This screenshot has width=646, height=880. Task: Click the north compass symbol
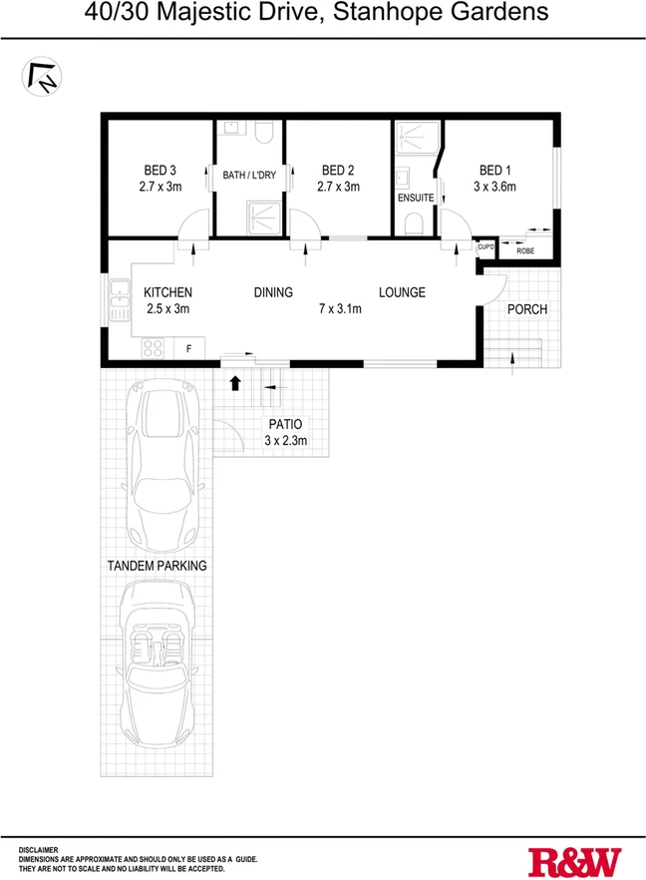[41, 77]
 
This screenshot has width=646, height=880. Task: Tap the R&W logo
[574, 860]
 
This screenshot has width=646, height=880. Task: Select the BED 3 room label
[160, 170]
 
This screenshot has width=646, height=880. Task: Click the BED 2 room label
[338, 170]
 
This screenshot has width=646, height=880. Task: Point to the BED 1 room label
[496, 170]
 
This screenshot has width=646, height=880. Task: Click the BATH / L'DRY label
[249, 176]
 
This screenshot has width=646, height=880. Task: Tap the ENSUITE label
[416, 198]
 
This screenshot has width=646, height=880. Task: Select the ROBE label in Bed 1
[524, 250]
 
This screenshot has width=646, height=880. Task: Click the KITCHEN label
[167, 292]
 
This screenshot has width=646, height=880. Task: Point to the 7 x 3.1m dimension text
[340, 309]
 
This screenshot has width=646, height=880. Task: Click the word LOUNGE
[402, 292]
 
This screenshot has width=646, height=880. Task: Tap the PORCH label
[527, 309]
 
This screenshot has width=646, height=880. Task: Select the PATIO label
[285, 424]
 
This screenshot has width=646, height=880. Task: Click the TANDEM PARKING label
[158, 566]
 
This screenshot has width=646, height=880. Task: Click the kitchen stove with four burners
[154, 348]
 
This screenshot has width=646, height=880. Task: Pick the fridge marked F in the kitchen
[188, 348]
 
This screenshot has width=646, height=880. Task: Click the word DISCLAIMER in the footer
[39, 849]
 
